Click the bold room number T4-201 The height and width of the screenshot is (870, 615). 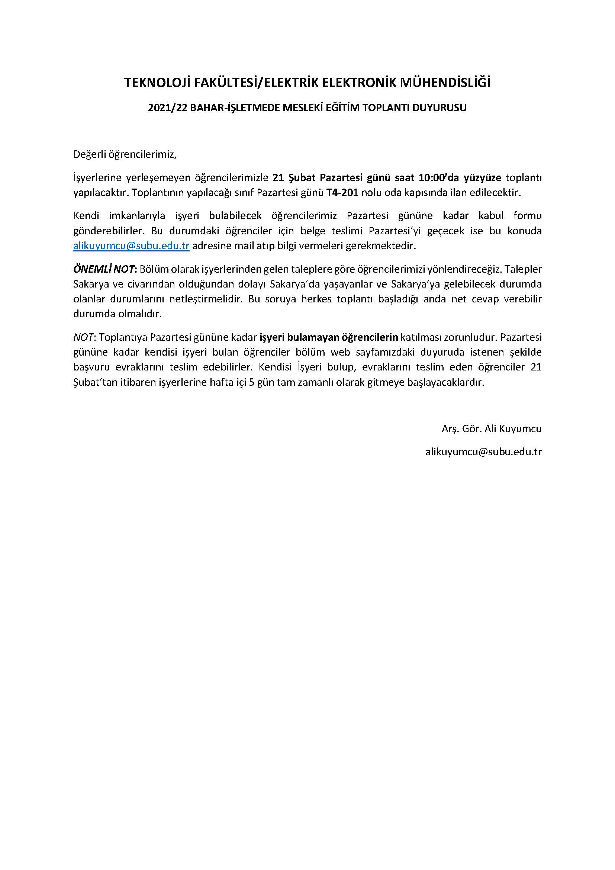click(342, 193)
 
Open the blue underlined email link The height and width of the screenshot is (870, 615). click(131, 246)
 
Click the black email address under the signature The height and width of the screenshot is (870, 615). click(483, 452)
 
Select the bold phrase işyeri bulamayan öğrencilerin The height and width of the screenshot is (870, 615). click(329, 337)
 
